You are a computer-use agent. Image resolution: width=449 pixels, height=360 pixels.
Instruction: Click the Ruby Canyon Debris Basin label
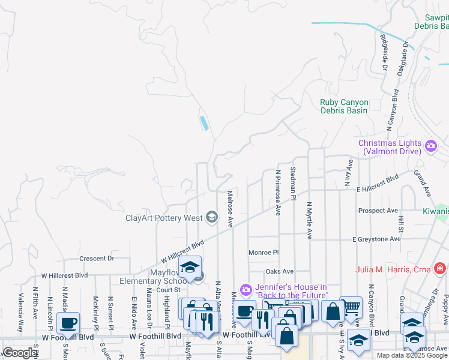tap(344, 106)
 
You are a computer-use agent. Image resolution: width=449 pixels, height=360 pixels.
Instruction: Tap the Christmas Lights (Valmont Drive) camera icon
tap(430, 146)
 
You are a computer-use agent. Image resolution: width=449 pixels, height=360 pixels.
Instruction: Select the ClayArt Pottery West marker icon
tap(211, 217)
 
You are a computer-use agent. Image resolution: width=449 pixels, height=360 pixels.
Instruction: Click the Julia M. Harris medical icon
tap(439, 268)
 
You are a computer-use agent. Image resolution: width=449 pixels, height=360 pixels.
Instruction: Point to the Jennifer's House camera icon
tap(246, 290)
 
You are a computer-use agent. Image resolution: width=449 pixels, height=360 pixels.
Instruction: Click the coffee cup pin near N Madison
tap(68, 323)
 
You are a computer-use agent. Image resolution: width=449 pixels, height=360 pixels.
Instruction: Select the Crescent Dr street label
tap(97, 259)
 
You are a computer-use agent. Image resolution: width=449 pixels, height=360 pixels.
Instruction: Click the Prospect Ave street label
tap(378, 211)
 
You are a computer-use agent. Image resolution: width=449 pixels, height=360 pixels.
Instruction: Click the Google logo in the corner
tap(19, 353)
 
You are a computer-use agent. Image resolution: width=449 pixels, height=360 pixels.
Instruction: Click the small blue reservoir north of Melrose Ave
tap(205, 123)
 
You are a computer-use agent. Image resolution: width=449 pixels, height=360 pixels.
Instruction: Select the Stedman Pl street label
tap(294, 184)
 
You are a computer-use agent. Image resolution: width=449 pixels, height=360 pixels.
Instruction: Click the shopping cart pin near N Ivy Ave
tap(351, 308)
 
